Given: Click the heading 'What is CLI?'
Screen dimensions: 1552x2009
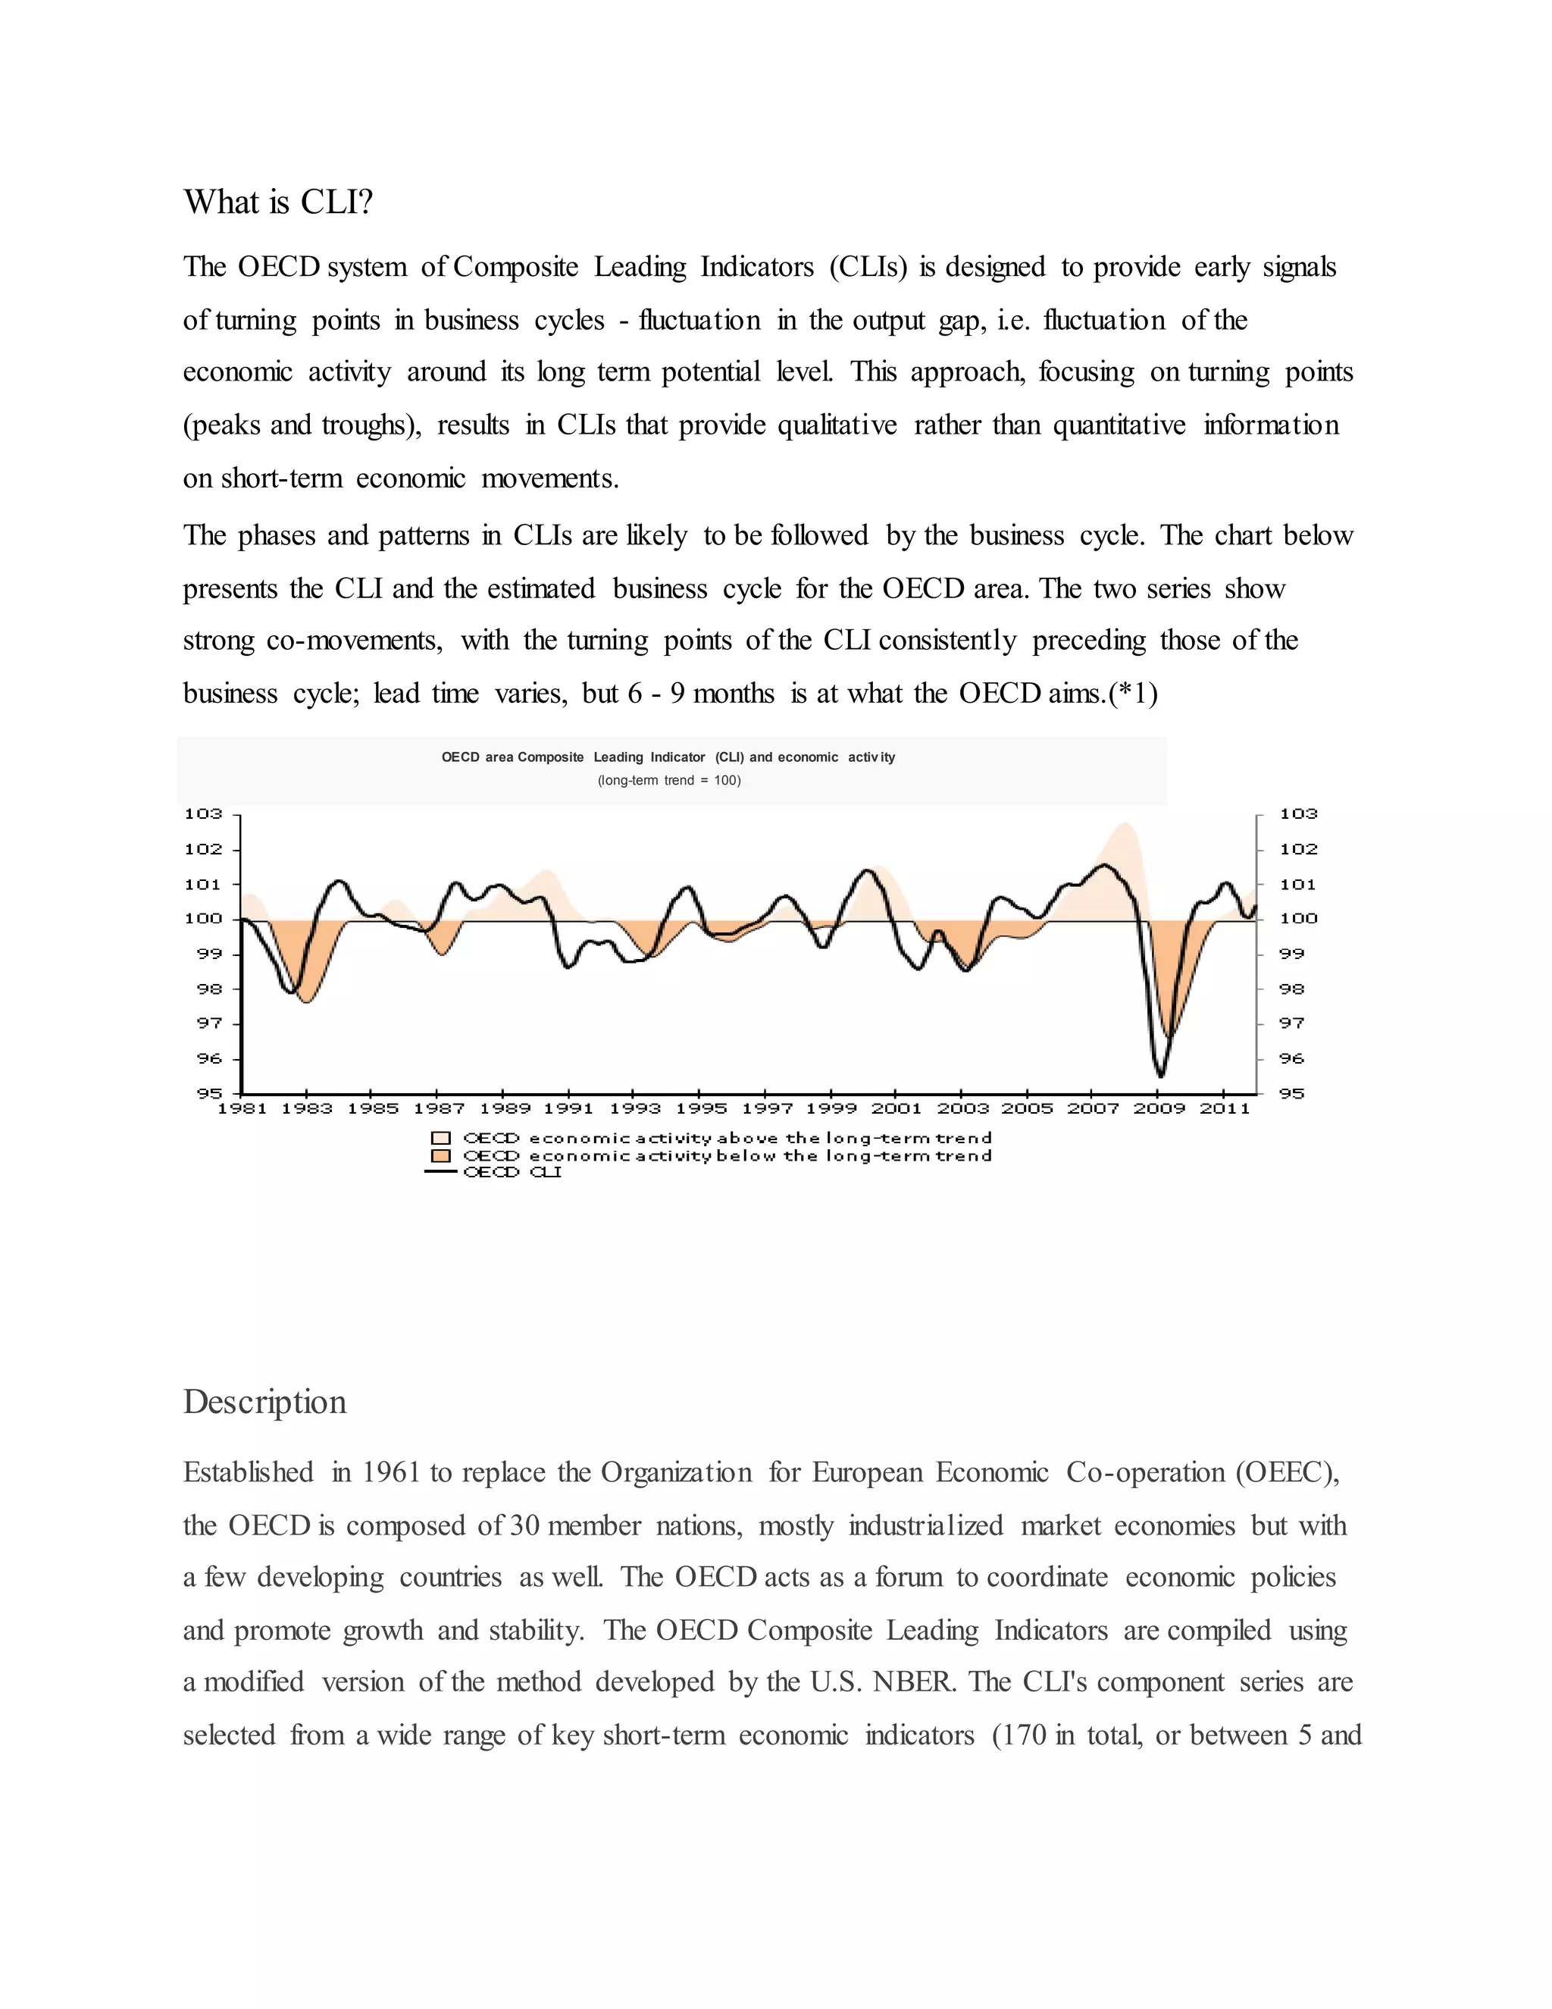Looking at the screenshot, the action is (x=277, y=202).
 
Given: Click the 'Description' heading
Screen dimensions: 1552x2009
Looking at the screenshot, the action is (x=264, y=1401).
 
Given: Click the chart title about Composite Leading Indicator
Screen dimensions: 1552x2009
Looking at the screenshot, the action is (x=668, y=757).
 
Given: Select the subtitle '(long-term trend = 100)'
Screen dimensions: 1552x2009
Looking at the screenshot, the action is (x=668, y=780).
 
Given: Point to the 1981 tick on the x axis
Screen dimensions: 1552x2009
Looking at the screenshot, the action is (x=242, y=1108).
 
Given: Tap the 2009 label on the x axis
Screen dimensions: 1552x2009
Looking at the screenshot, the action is (x=1159, y=1108).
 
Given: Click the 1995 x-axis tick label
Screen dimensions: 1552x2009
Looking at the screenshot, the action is (x=701, y=1108).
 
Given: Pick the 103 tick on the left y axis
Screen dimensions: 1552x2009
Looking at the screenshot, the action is (x=203, y=813).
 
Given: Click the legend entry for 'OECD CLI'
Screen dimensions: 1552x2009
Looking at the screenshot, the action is (x=512, y=1172).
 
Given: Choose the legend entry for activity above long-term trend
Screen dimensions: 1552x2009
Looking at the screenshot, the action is (x=726, y=1138).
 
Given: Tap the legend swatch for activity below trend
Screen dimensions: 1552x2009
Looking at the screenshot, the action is (x=441, y=1155).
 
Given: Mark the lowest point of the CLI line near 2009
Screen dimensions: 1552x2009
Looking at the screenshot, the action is (x=1161, y=1074).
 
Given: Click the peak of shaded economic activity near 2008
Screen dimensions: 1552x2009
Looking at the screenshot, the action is (x=1125, y=823).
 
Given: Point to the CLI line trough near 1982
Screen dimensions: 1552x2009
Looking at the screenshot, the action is (x=292, y=992).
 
